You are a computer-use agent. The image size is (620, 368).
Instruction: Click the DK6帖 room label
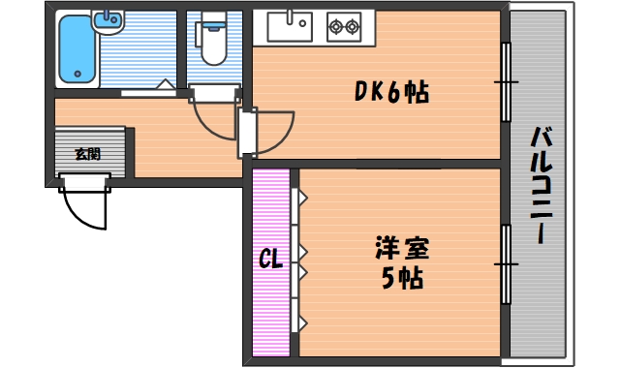[x=390, y=93]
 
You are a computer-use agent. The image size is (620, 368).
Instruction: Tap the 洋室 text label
[x=401, y=248]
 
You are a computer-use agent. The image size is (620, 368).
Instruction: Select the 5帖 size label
[x=400, y=280]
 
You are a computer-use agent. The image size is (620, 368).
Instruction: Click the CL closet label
[x=270, y=260]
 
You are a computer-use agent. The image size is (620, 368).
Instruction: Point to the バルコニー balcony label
[x=540, y=185]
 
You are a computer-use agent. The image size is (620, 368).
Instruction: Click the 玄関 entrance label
[x=88, y=153]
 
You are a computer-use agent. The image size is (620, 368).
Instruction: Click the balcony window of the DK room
[x=505, y=82]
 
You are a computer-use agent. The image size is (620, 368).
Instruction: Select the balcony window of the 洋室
[x=505, y=262]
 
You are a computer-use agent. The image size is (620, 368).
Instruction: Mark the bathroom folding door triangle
[x=168, y=87]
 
